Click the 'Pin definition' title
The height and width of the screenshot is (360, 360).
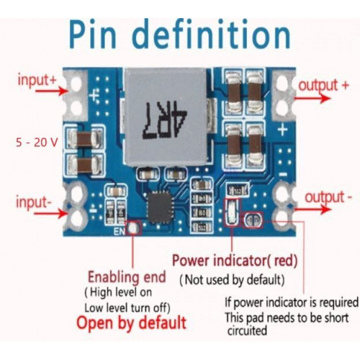click(180, 35)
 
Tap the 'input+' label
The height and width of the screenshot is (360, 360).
click(37, 80)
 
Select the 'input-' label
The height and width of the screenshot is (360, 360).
click(34, 202)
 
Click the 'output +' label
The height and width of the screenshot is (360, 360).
click(323, 86)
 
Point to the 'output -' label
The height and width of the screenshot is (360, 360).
click(328, 197)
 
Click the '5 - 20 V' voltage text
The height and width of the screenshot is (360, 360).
click(37, 143)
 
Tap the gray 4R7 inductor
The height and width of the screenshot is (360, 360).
click(165, 117)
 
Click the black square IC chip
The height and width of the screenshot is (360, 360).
click(160, 208)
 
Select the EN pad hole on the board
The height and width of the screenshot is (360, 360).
click(132, 228)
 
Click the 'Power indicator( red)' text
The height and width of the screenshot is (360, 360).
click(235, 261)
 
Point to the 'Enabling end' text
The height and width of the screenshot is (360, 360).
click(127, 277)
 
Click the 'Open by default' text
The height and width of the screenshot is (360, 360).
click(131, 323)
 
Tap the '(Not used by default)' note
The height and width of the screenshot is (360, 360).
click(232, 280)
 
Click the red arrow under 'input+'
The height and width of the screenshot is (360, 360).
click(51, 91)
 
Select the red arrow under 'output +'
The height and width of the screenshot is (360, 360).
click(312, 98)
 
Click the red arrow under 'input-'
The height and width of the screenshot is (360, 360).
click(50, 213)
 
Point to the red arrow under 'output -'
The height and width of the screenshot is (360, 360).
click(312, 210)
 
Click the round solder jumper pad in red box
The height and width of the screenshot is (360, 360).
click(253, 220)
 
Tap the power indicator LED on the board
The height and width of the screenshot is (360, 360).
click(231, 212)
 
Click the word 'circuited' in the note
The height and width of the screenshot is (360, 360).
click(247, 330)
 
